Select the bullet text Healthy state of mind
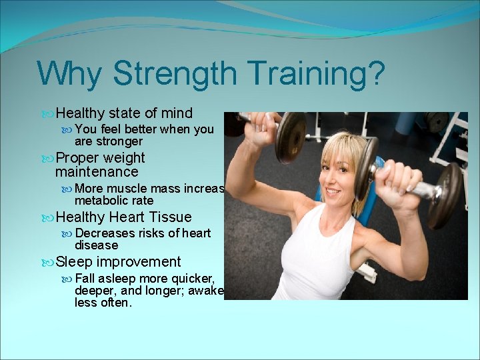pos(124,113)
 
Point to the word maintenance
pos(97,172)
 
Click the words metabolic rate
pos(114,201)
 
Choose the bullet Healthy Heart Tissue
pos(123,217)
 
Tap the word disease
pos(96,245)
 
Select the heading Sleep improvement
pos(118,262)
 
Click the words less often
pos(103,303)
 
